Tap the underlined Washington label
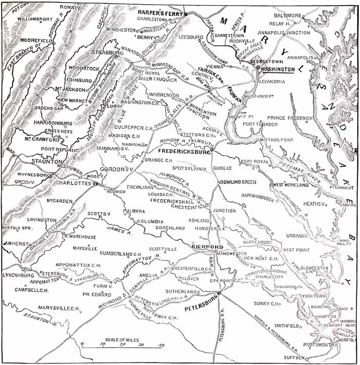278,68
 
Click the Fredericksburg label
183,152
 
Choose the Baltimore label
287,16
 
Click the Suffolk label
293,357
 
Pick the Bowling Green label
238,182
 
